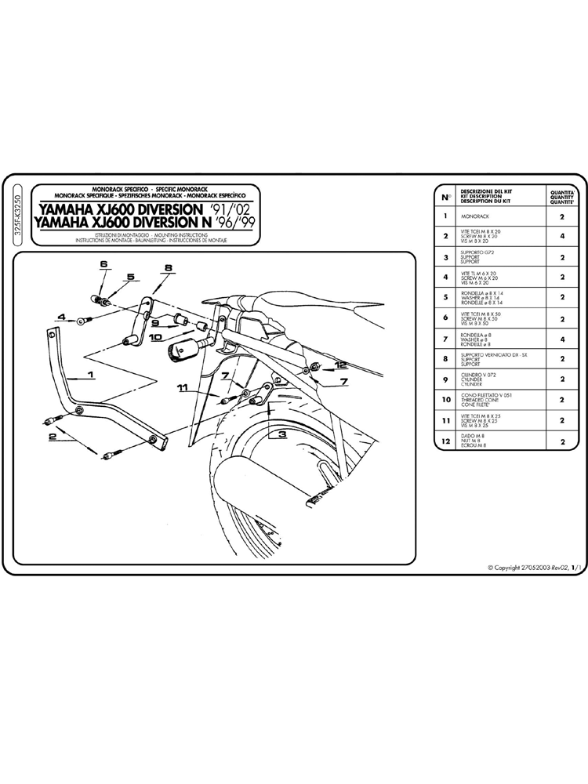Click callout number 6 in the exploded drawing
[x=103, y=266]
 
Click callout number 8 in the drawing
[x=168, y=268]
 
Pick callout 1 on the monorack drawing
[x=91, y=376]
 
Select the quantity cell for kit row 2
[x=563, y=235]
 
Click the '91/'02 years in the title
[x=227, y=209]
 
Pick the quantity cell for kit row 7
[x=563, y=339]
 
